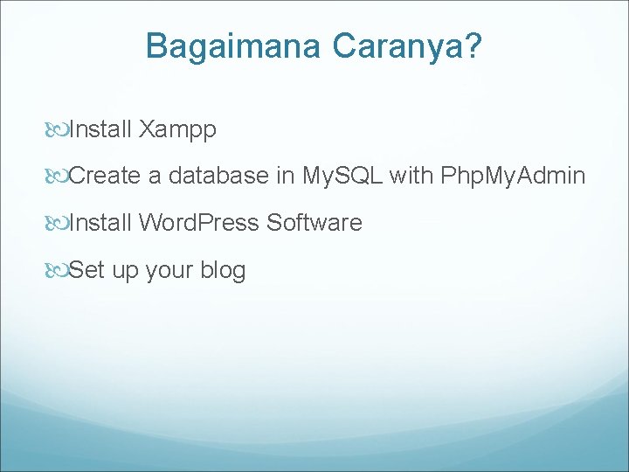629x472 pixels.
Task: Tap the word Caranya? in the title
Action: pos(406,46)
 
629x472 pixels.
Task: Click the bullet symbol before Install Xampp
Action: pos(58,131)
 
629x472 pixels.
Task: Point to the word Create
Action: pos(105,177)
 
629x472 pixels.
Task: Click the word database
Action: pos(218,177)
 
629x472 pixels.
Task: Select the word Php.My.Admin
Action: pos(513,177)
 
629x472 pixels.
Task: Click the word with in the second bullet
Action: pos(411,177)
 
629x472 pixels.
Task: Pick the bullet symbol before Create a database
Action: pos(58,177)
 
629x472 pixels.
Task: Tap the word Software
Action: pos(314,223)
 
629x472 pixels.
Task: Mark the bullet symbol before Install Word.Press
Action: pos(58,224)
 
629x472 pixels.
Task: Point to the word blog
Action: pos(223,271)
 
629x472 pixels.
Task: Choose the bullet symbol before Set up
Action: pos(58,271)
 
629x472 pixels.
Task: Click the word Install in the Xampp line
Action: pos(100,130)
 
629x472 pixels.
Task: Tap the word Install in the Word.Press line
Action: pos(100,223)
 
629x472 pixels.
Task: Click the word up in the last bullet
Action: pos(125,271)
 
